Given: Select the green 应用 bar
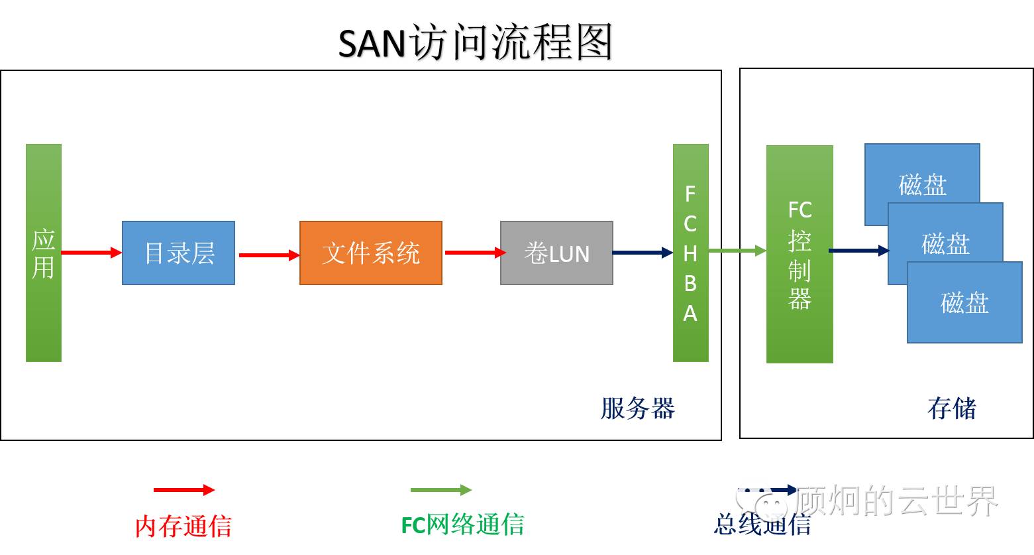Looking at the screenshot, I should coord(44,253).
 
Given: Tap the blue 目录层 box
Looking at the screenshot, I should coord(178,253).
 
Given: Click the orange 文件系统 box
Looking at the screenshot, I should coord(370,253).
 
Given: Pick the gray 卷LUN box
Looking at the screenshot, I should coord(556,253).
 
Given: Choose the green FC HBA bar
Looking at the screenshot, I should coord(690,253).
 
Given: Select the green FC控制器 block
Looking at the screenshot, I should coord(799,254).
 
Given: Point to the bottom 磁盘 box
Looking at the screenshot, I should coord(964,302).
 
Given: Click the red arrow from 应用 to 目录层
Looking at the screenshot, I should coord(91,253).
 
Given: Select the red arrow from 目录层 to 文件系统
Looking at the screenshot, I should coord(268,255).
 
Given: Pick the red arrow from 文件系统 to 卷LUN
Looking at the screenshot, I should coord(474,253).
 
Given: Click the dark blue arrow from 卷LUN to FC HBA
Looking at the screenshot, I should coord(642,253).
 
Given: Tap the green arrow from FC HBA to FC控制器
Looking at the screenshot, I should coord(737,251).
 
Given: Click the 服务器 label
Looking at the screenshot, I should coord(637,408).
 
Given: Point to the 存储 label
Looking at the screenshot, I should coord(952,408).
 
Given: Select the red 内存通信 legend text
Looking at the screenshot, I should coord(183,526).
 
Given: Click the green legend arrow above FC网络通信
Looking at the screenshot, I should coord(440,490).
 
